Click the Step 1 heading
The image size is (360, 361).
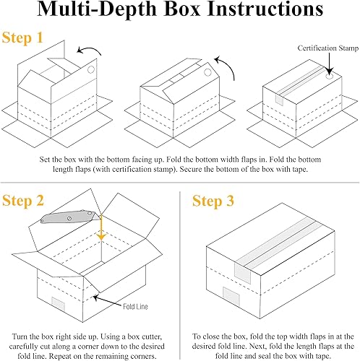pyautogui.click(x=22, y=38)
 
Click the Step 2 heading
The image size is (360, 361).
pyautogui.click(x=23, y=201)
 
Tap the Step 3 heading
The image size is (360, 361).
pyautogui.click(x=213, y=201)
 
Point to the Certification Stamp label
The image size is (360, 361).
pyautogui.click(x=328, y=48)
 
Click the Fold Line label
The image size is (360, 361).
pyautogui.click(x=135, y=306)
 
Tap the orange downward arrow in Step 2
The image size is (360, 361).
pyautogui.click(x=101, y=227)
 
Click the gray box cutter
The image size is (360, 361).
pyautogui.click(x=71, y=216)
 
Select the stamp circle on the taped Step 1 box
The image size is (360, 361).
pyautogui.click(x=330, y=77)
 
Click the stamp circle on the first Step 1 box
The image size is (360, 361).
pyautogui.click(x=91, y=70)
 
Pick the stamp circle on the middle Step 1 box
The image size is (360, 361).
pyautogui.click(x=207, y=72)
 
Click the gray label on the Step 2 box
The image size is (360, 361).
pyautogui.click(x=58, y=304)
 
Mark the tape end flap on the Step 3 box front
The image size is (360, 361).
pyautogui.click(x=243, y=273)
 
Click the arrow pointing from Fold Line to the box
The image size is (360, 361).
pyautogui.click(x=107, y=300)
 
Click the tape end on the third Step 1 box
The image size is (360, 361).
pyautogui.click(x=280, y=100)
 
